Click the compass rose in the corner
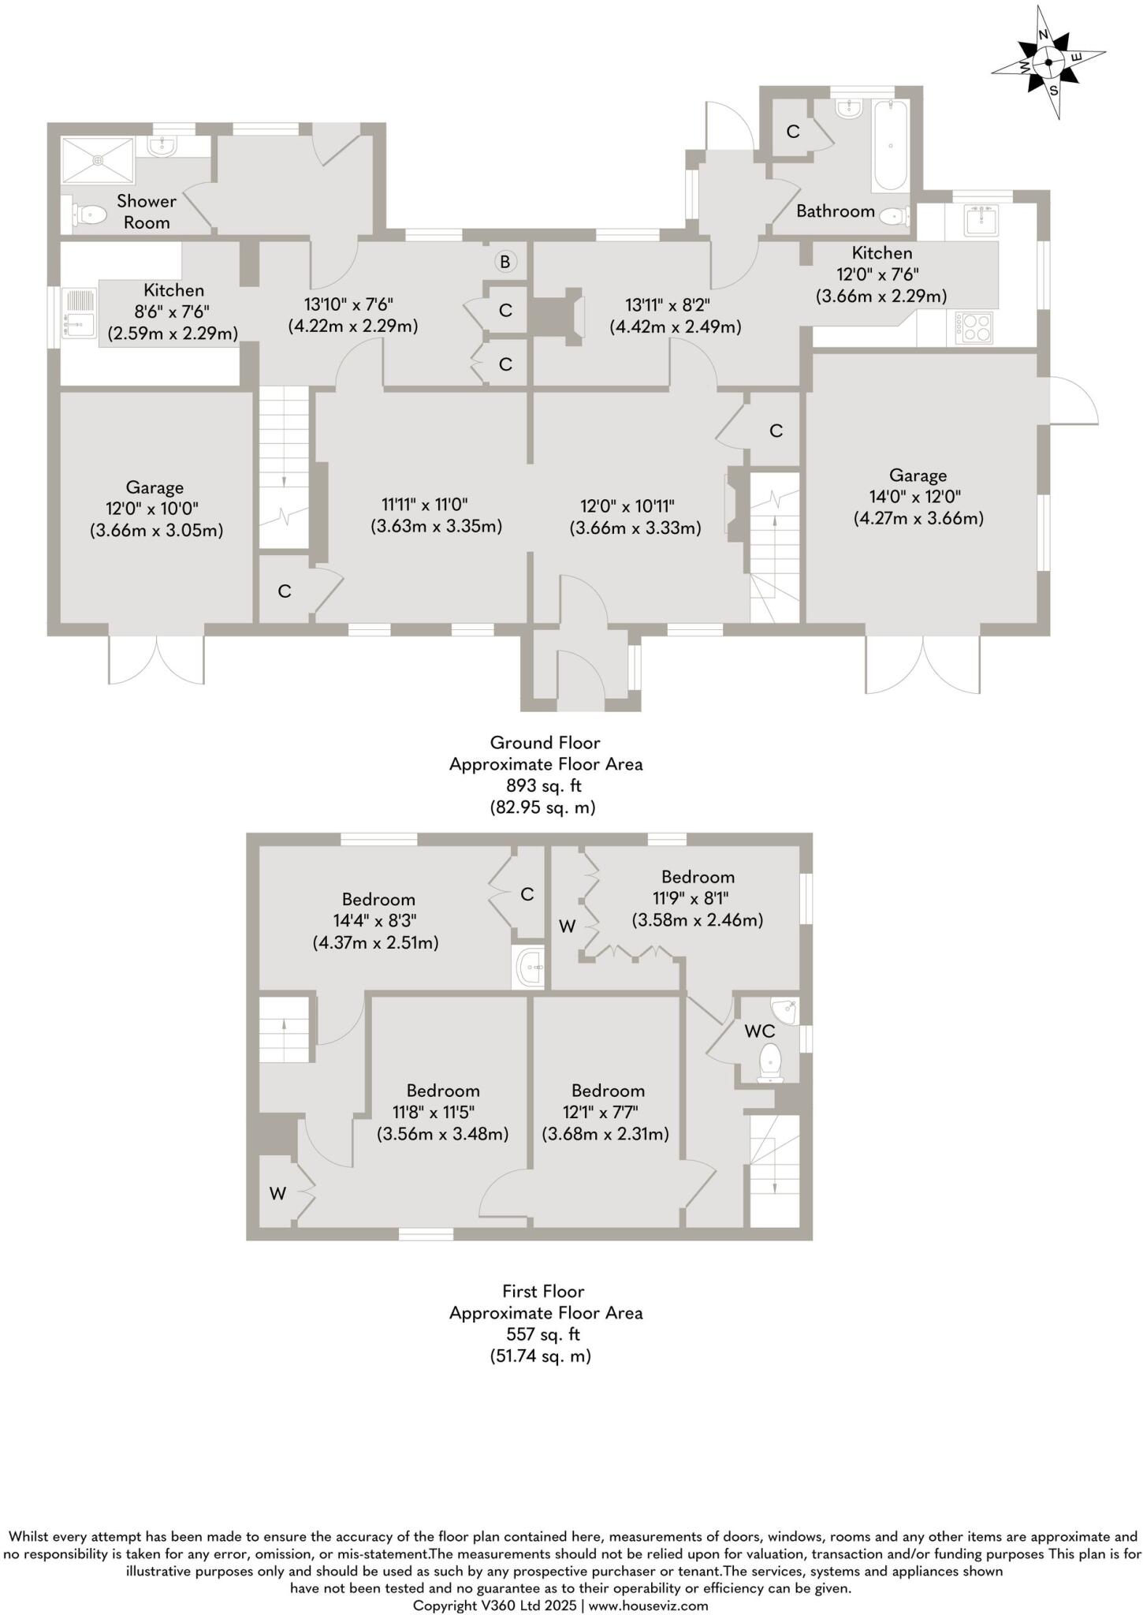click(1048, 62)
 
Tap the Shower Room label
click(147, 211)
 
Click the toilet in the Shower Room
click(89, 214)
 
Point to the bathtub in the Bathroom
click(890, 146)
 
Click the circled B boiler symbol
click(505, 262)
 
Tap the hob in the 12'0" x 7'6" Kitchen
click(974, 328)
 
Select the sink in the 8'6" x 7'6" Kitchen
click(79, 313)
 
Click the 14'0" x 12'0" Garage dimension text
click(918, 497)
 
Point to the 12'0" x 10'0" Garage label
click(155, 487)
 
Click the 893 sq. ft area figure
click(544, 785)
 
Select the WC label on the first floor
click(760, 1031)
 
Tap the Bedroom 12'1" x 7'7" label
click(608, 1091)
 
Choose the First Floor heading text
click(543, 1291)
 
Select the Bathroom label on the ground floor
click(835, 211)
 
